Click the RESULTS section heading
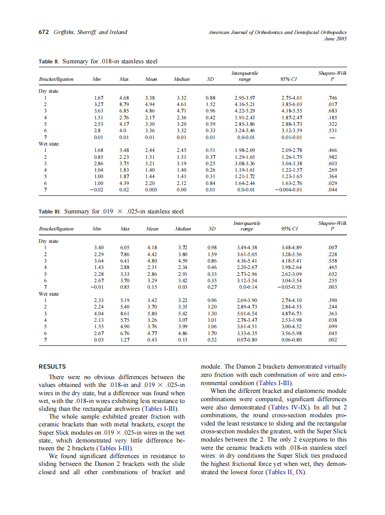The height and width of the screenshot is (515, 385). (x=52, y=366)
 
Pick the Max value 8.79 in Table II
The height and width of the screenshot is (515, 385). (x=124, y=104)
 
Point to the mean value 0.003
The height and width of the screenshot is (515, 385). (x=150, y=190)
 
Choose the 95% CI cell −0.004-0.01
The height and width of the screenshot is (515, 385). (x=289, y=190)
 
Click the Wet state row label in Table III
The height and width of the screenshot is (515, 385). (x=50, y=293)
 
